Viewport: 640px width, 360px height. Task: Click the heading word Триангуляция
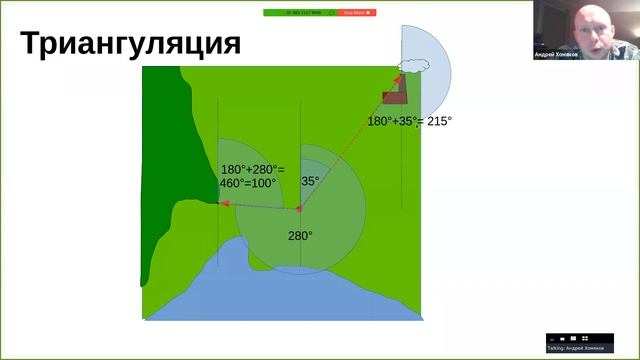[x=131, y=44]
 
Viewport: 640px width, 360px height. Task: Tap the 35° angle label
[x=310, y=182]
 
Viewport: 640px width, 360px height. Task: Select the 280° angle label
[x=300, y=236]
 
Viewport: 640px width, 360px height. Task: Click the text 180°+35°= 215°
[x=409, y=121]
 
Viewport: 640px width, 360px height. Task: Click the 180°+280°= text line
[x=252, y=169]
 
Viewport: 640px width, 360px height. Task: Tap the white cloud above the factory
[x=411, y=65]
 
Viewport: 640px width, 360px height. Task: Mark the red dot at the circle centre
[x=299, y=209]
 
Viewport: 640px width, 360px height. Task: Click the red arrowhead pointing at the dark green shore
[x=223, y=204]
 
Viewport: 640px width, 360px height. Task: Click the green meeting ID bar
[x=299, y=13]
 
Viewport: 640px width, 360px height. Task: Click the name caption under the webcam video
[x=564, y=55]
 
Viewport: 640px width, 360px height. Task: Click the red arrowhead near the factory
[x=398, y=79]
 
